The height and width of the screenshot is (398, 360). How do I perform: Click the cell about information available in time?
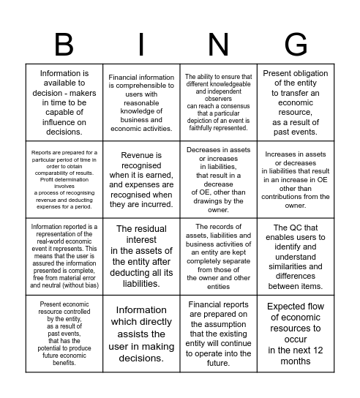point(64,102)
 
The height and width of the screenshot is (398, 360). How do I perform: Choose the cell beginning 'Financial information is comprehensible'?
point(141,102)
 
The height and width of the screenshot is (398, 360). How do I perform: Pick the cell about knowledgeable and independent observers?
point(219,102)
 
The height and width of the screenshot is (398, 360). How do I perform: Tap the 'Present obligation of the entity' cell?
point(296,102)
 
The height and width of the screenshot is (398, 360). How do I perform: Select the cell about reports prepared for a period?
point(64,180)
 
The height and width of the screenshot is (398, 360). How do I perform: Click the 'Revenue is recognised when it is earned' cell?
point(141,180)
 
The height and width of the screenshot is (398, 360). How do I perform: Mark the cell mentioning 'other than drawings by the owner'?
point(219,180)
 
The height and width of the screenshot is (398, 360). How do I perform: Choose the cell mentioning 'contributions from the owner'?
point(296,180)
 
